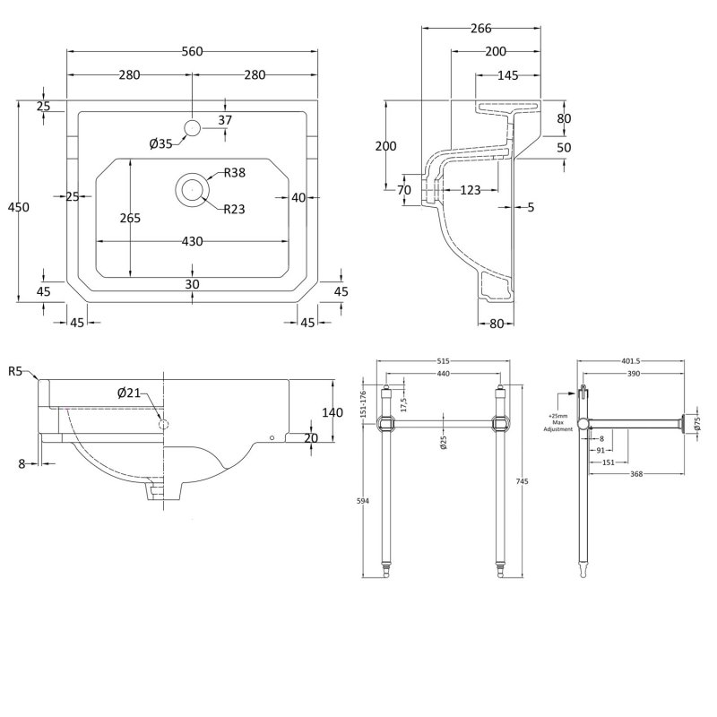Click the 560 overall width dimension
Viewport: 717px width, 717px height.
point(192,51)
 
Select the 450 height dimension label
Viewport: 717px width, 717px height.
point(19,207)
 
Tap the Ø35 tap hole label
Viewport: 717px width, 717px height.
point(161,143)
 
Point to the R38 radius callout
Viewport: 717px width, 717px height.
point(235,173)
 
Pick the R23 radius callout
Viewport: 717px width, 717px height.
point(235,209)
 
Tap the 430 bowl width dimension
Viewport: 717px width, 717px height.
point(192,241)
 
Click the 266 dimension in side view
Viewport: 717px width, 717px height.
point(480,28)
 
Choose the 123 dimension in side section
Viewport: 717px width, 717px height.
point(470,189)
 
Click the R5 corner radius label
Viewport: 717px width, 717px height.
point(15,371)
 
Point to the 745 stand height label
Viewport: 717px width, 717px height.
point(523,481)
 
